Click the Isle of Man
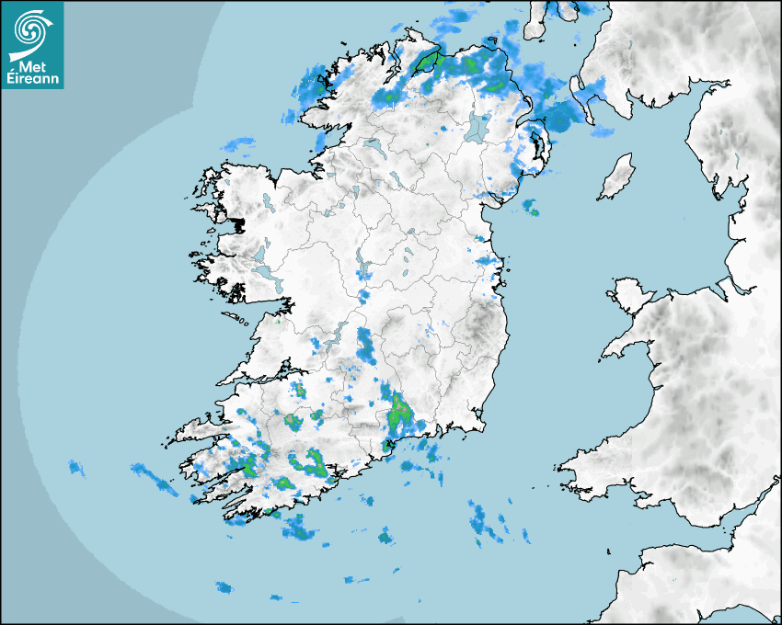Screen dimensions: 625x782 tap(617, 176)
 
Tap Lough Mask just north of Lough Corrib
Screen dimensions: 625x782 tap(260, 252)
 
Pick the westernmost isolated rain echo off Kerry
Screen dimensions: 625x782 tap(76, 468)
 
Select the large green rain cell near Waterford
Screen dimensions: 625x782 tap(400, 414)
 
